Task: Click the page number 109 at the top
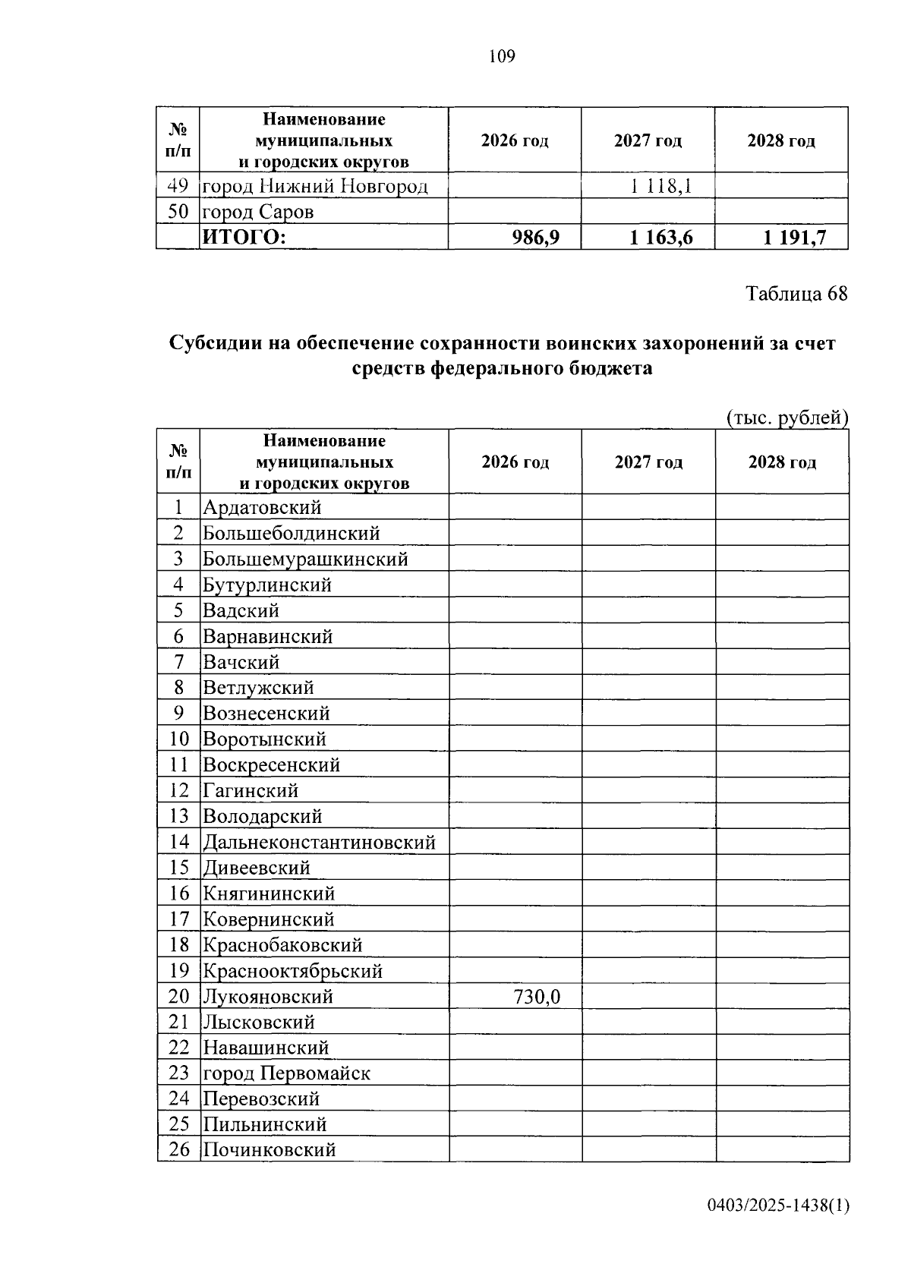pos(502,56)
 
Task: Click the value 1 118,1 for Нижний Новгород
pos(660,185)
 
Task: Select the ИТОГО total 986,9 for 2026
pos(536,238)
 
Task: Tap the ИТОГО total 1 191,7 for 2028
pos(794,238)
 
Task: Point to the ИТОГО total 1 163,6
pos(660,238)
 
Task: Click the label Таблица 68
pos(796,294)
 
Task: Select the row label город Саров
pos(257,212)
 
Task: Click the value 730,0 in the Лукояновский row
pos(537,996)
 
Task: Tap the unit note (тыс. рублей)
pos(786,418)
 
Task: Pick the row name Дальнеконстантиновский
pos(319,842)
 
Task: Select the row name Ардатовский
pos(262,507)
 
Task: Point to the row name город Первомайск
pos(286,1073)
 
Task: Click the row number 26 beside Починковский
pos(179,1150)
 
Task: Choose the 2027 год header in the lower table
pos(648,462)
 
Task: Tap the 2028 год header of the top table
pos(781,141)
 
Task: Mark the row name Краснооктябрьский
pos(292,971)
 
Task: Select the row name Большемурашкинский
pos(305,559)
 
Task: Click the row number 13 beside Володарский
pos(179,816)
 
